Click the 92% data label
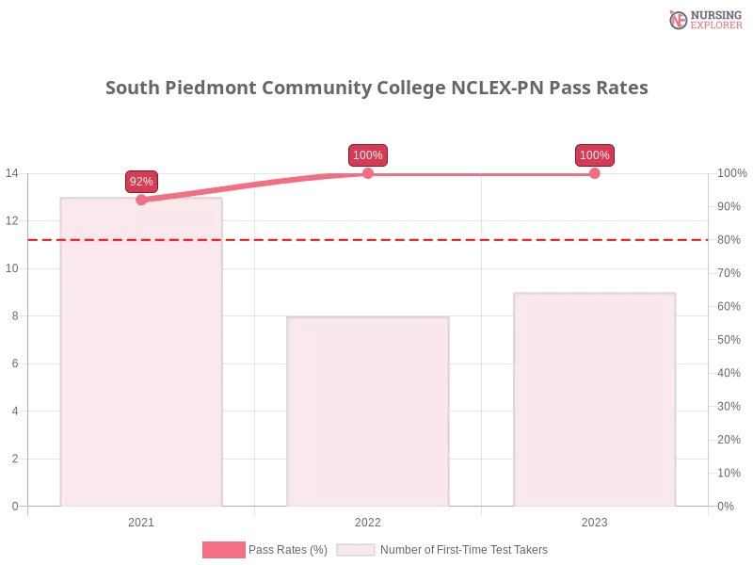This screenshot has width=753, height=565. pyautogui.click(x=141, y=181)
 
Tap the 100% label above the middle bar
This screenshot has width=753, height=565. pyautogui.click(x=367, y=155)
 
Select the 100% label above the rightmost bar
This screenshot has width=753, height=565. pyautogui.click(x=594, y=155)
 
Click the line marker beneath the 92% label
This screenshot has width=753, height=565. pyautogui.click(x=141, y=200)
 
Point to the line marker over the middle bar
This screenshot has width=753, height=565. pyautogui.click(x=368, y=173)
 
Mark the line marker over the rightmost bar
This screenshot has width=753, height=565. pyautogui.click(x=594, y=174)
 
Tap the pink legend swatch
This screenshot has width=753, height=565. pyautogui.click(x=224, y=550)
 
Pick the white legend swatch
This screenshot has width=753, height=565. pyautogui.click(x=356, y=550)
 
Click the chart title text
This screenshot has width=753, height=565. pyautogui.click(x=376, y=89)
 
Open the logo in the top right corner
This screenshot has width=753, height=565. pyautogui.click(x=704, y=19)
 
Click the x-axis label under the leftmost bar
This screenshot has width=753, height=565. pyautogui.click(x=142, y=520)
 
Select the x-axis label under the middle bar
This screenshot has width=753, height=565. pyautogui.click(x=368, y=520)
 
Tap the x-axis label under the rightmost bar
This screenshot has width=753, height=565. pyautogui.click(x=594, y=520)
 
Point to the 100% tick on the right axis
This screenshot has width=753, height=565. pyautogui.click(x=730, y=173)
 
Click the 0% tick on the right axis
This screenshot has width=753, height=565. pyautogui.click(x=727, y=505)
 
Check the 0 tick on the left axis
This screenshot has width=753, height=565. pyautogui.click(x=15, y=505)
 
